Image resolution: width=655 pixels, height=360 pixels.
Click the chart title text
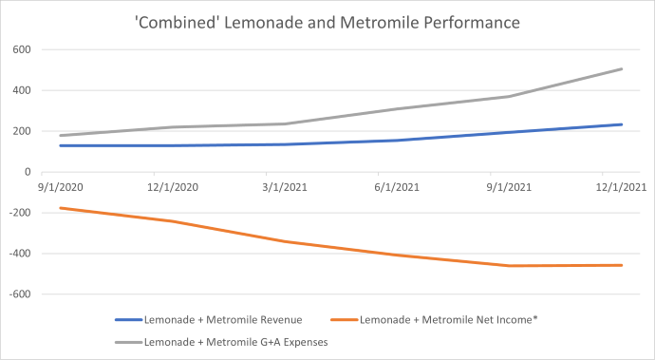pos(327,19)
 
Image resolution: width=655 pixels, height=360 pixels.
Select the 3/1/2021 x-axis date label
pos(284,187)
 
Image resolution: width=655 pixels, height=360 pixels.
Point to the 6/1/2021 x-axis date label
pos(397,187)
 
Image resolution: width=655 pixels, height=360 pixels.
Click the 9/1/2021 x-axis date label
pos(510,187)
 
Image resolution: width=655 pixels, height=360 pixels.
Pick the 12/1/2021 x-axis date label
pos(623,187)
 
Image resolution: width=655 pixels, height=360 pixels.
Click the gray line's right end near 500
pos(623,68)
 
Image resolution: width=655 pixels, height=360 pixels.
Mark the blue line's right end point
pos(623,124)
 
